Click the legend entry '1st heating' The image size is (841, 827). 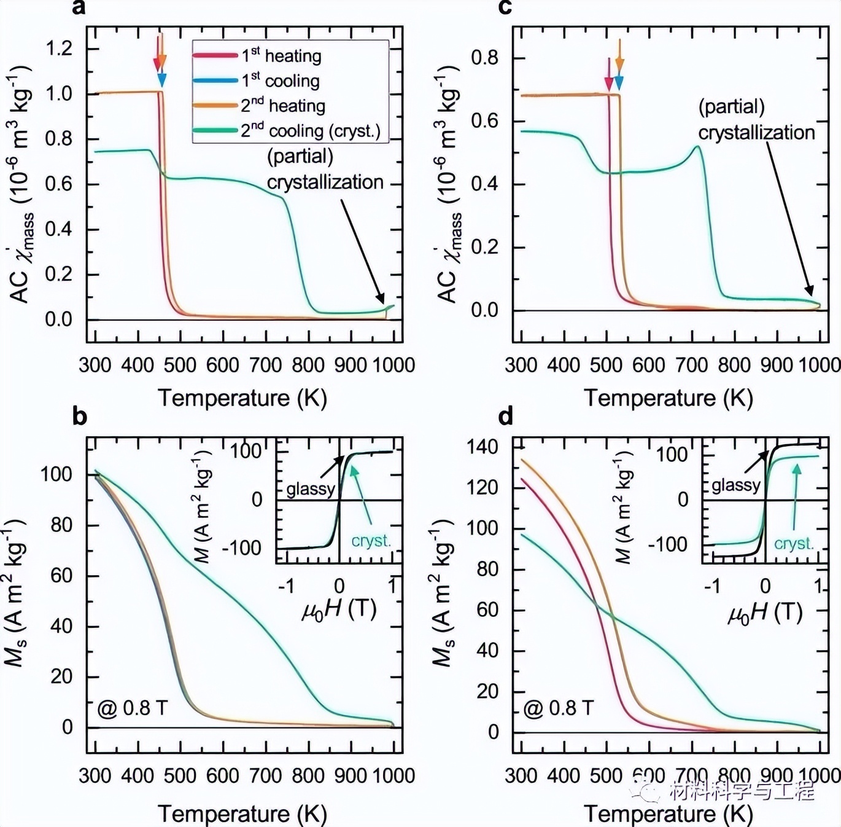(257, 56)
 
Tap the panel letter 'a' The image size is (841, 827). (79, 8)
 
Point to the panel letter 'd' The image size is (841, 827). (505, 417)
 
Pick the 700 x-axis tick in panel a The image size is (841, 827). (266, 365)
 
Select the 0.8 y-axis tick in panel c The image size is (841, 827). (485, 58)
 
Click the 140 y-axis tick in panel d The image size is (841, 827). (483, 447)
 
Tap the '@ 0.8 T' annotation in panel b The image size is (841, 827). (133, 708)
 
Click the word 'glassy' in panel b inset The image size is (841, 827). (310, 489)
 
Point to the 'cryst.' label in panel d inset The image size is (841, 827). (794, 544)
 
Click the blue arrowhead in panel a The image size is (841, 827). (162, 79)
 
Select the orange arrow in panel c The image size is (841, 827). (619, 55)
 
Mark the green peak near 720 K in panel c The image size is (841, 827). (697, 146)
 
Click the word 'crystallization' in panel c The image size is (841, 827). (756, 132)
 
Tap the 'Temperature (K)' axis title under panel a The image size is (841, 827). (242, 398)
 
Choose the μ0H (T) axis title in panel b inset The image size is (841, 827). (339, 609)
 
